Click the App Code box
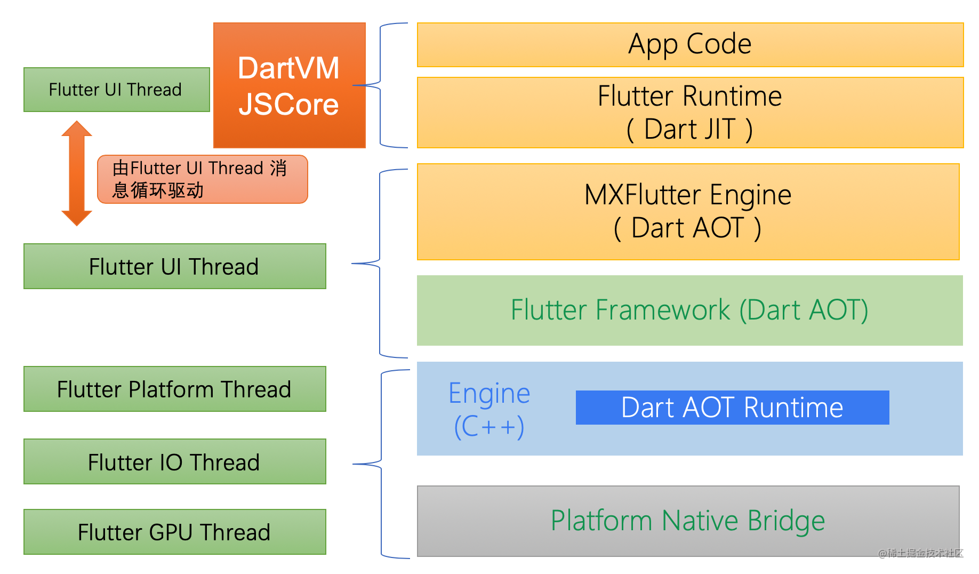point(689,44)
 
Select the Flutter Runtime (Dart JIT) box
point(689,113)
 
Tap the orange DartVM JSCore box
point(289,85)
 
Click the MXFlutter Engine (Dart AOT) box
point(688,211)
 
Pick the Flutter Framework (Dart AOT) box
point(689,310)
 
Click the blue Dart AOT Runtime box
point(732,408)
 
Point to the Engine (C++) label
point(489,409)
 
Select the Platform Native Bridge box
point(688,521)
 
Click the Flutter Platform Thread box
point(174,389)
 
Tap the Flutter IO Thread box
point(174,461)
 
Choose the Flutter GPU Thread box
point(174,532)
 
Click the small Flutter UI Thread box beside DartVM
point(116,90)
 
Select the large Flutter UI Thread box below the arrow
point(174,266)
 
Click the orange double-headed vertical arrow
point(77,173)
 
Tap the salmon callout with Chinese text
point(202,179)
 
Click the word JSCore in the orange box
point(288,104)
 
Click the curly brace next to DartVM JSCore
point(380,85)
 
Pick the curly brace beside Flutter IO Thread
point(381,464)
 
